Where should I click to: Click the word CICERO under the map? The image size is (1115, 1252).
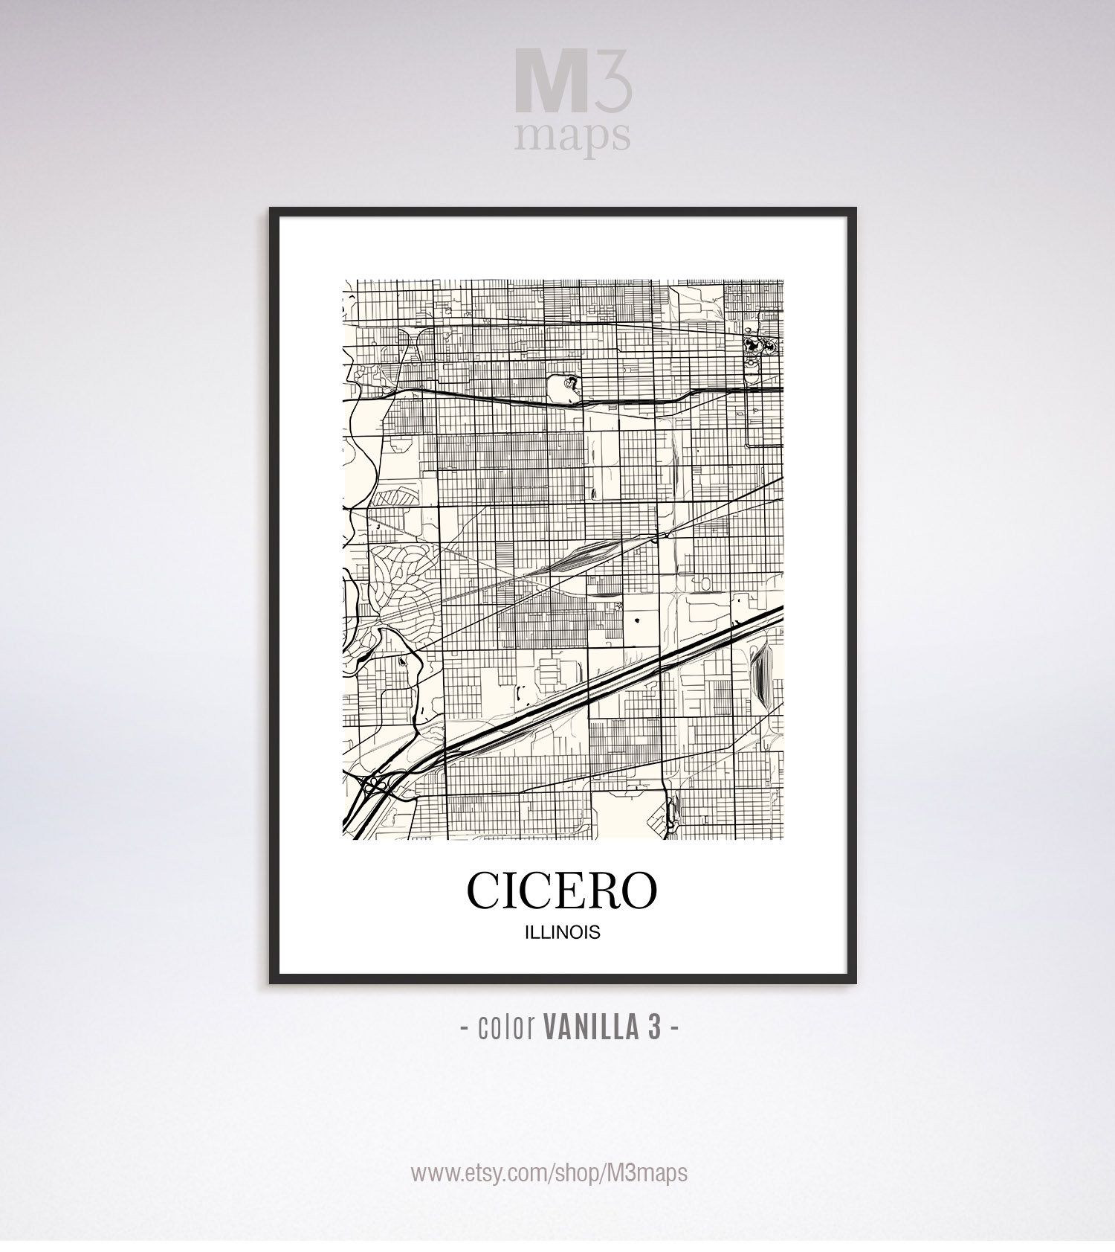pyautogui.click(x=562, y=890)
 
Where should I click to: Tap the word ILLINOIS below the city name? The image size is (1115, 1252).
pyautogui.click(x=562, y=933)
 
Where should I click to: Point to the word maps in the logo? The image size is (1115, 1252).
pyautogui.click(x=571, y=136)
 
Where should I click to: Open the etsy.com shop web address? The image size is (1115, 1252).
pyautogui.click(x=549, y=1172)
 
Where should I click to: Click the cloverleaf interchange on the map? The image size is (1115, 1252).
pyautogui.click(x=372, y=785)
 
